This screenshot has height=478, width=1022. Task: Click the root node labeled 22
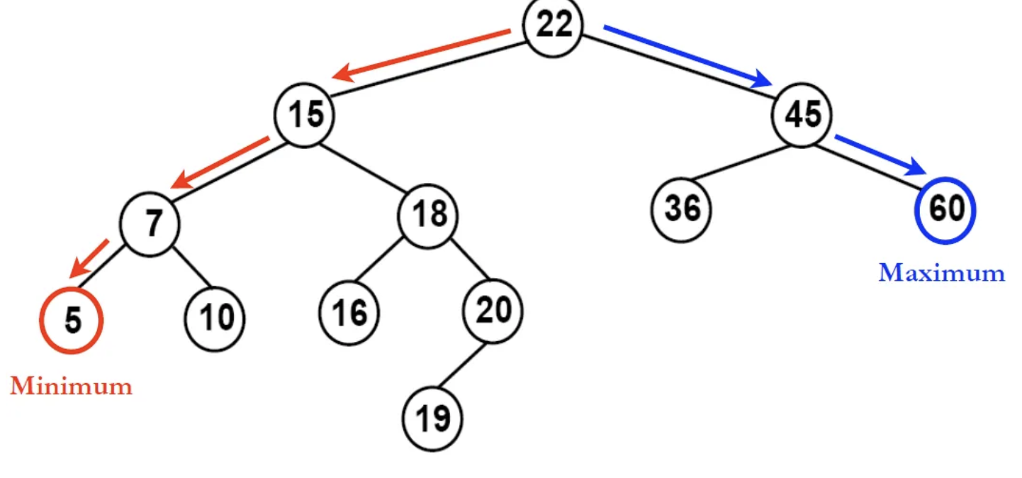coord(553,26)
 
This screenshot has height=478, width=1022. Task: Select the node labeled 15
coord(305,115)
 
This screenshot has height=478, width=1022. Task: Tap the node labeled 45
coord(802,115)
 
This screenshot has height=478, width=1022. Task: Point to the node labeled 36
coord(681,209)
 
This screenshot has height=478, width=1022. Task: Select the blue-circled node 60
coord(945,209)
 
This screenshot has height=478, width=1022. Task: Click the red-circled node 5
coord(72,321)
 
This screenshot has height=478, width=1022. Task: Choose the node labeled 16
coord(349,313)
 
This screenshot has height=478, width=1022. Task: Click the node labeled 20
coord(493,311)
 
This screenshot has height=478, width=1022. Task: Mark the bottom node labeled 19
coord(432,419)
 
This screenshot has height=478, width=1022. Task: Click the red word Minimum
coord(71,387)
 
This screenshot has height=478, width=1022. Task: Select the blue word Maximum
coord(941,273)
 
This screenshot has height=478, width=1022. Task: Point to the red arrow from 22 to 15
coord(422,53)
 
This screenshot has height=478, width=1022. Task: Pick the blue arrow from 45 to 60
coord(881,155)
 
